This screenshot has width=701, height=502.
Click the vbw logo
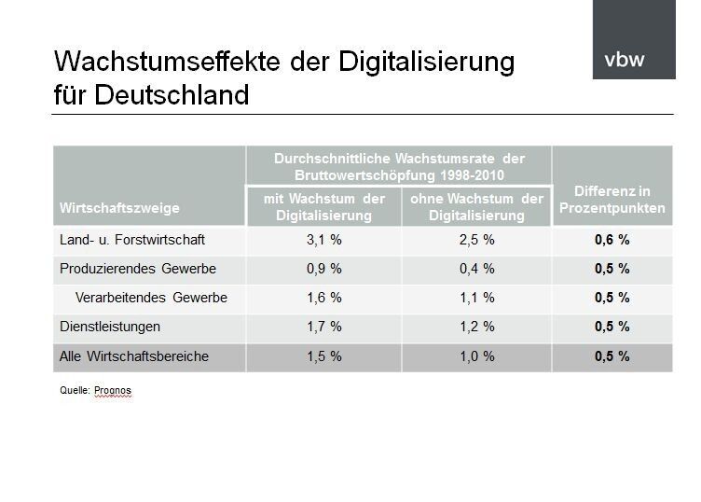pos(624,61)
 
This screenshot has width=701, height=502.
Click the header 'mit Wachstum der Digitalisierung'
pos(323,207)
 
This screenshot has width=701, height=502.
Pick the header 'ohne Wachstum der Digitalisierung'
pos(476,207)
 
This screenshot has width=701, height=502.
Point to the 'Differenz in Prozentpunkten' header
pos(612,200)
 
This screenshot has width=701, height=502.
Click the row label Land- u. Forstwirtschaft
pos(132,240)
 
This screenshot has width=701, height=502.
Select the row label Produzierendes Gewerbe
pos(137,269)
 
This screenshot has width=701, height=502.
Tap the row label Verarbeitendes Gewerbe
pos(152,298)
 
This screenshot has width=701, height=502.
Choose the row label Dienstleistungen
pos(110,327)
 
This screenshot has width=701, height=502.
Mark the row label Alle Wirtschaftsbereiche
pos(134,356)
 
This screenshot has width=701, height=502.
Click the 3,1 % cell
pos(323,240)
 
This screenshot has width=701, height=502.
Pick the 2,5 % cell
pos(476,240)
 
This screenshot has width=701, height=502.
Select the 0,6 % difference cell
pos(612,240)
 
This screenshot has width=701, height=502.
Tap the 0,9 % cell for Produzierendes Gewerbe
pos(323,269)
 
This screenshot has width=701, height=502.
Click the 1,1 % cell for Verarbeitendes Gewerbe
pos(476,298)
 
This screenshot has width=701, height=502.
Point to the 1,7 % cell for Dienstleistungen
pos(323,327)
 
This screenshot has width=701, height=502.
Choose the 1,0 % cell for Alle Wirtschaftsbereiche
pos(476,356)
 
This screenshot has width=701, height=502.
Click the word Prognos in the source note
pos(113,391)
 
